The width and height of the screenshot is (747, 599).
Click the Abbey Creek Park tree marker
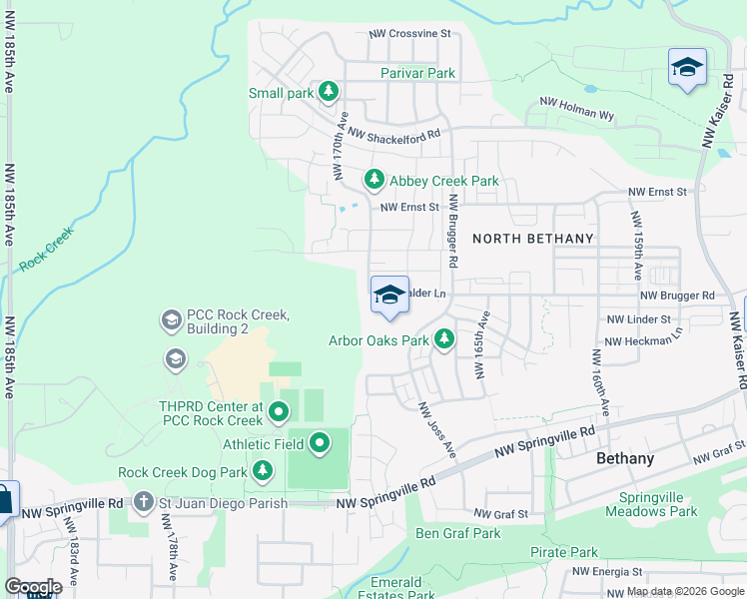(373, 180)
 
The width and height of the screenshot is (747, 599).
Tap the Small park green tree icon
(329, 93)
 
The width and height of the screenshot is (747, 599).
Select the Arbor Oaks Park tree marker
(444, 340)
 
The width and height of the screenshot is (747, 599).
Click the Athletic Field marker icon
(320, 442)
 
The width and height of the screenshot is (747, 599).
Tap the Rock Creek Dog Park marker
(263, 469)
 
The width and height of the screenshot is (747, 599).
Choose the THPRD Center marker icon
(279, 410)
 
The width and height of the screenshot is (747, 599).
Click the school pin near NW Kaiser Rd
(687, 68)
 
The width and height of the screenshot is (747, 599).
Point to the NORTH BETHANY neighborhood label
(532, 239)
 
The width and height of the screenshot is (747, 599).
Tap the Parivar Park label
(417, 73)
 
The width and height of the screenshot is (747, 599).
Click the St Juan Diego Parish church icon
(144, 501)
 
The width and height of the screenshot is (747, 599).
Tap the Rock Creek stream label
(47, 250)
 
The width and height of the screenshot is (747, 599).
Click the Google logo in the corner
(32, 586)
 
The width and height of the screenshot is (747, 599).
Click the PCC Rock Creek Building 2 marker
(170, 320)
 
